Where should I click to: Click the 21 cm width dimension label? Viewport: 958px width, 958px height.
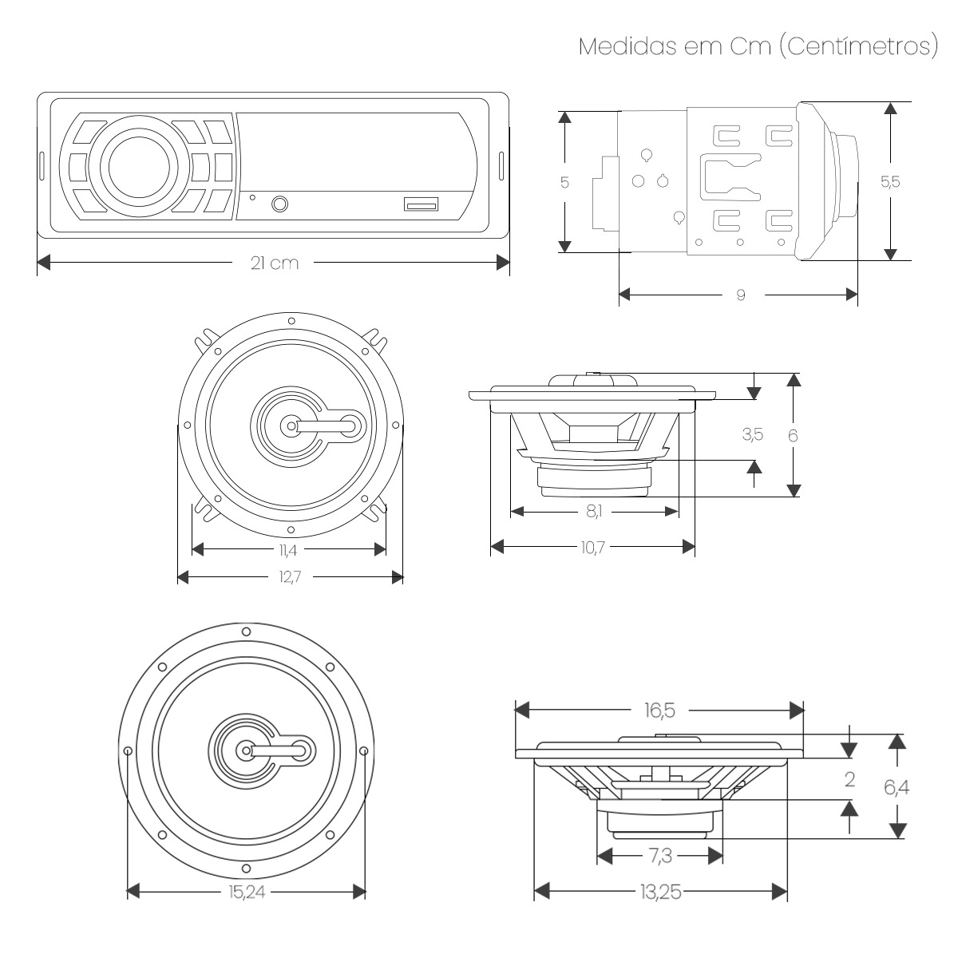pos(274,263)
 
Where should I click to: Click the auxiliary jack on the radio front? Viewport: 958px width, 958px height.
pos(280,204)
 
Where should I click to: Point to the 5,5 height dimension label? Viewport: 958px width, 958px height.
pos(889,181)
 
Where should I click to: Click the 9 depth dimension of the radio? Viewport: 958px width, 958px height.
pos(740,295)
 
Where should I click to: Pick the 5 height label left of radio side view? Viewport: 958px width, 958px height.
pos(564,183)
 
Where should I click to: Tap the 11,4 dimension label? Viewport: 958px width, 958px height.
pos(288,549)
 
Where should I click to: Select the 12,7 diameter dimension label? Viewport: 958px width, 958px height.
pos(289,577)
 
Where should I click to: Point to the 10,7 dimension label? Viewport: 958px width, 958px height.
pos(592,547)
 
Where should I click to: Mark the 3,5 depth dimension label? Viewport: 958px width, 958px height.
pos(752,435)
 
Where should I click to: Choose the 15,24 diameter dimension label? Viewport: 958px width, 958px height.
pos(246,892)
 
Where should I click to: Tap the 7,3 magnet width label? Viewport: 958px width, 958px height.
pos(659,856)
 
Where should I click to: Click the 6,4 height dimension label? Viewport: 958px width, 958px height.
pos(896,788)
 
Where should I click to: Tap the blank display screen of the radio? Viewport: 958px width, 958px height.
pos(351,152)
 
